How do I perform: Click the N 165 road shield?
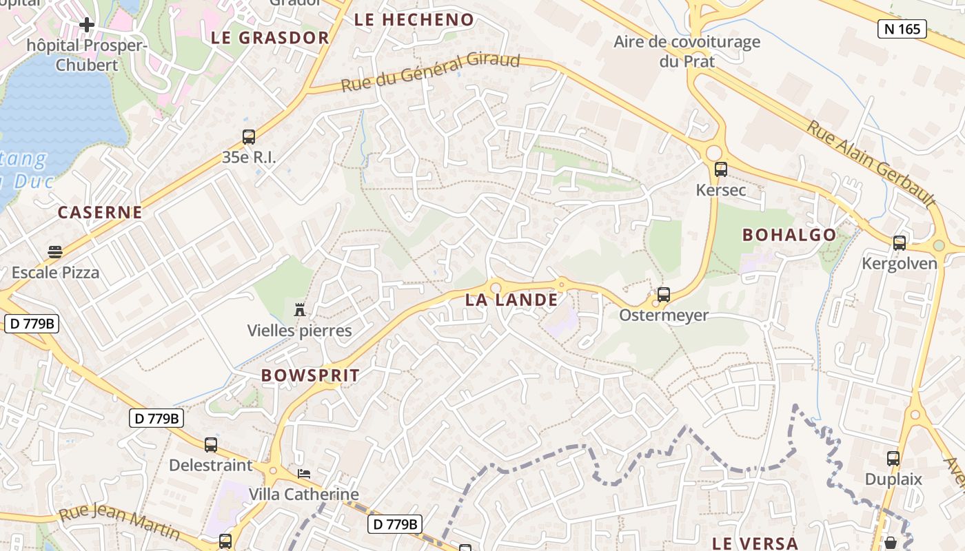click(902, 28)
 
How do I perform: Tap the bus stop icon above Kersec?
click(721, 169)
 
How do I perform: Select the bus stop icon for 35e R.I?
click(249, 136)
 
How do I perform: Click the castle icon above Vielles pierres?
click(300, 310)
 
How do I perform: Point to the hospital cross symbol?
click(87, 25)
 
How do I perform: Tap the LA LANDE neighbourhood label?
click(511, 300)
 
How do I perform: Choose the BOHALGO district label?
click(789, 235)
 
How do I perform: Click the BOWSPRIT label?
click(310, 375)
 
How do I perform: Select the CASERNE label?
click(100, 212)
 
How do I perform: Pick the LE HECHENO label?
click(414, 20)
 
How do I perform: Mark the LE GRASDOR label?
click(270, 37)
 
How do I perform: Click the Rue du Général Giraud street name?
click(431, 72)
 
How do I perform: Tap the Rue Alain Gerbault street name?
click(871, 164)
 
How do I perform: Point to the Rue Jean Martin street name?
click(119, 523)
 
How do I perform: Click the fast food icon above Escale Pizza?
click(55, 252)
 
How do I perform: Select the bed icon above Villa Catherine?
click(304, 474)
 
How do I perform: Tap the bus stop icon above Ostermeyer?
click(664, 295)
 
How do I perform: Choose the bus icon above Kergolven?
click(900, 243)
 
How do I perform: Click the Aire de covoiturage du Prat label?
click(687, 51)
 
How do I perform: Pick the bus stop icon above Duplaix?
click(893, 459)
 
